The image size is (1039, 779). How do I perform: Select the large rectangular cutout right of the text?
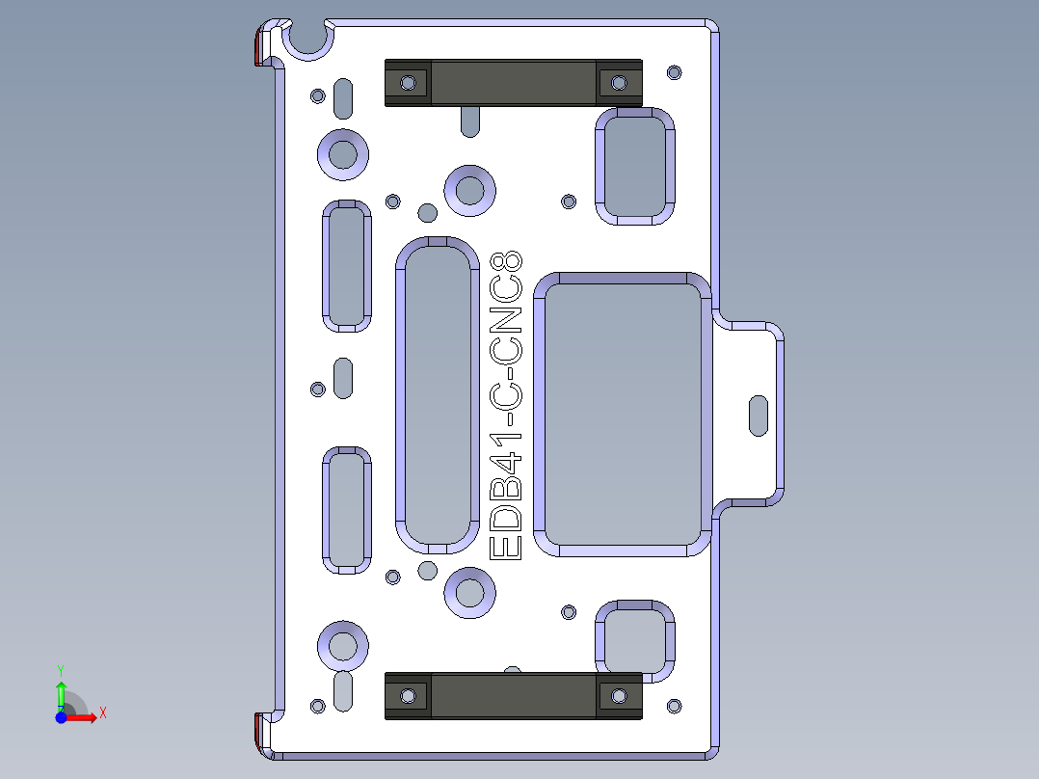[x=623, y=415]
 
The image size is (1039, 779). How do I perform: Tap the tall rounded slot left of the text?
[x=437, y=395]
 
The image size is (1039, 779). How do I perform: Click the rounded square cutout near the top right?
[x=633, y=166]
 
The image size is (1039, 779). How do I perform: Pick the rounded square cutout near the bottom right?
[x=633, y=639]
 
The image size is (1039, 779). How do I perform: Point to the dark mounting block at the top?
[x=513, y=83]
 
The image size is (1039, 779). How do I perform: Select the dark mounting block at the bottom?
[x=513, y=696]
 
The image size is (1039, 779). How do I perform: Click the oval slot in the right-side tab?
[x=759, y=415]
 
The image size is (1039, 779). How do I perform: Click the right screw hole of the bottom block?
[x=617, y=695]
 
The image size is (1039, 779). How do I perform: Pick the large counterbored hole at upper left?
[x=343, y=153]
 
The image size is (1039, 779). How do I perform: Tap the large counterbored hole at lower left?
[x=343, y=645]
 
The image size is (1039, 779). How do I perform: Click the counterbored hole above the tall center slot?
[x=469, y=188]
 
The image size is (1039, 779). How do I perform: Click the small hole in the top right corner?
[x=674, y=71]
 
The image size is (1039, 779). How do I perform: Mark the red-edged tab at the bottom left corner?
[x=257, y=732]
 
